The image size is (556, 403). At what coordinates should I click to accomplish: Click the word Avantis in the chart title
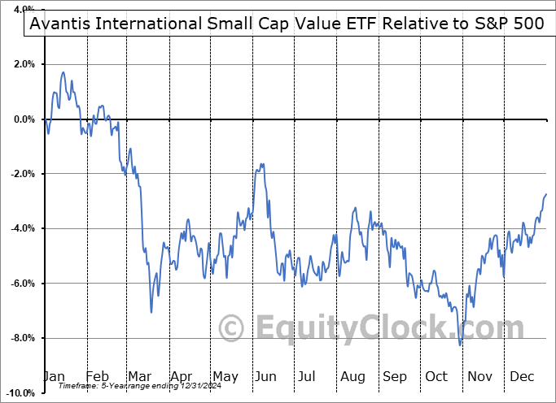(x=62, y=24)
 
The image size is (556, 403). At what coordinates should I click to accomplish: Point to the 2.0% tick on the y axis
(x=22, y=64)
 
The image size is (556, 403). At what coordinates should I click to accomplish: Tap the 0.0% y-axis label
(x=22, y=119)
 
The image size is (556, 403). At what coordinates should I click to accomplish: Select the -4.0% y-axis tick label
(x=21, y=228)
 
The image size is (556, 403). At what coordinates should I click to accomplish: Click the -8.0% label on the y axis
(x=21, y=338)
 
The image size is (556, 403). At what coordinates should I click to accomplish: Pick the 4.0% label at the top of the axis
(x=22, y=10)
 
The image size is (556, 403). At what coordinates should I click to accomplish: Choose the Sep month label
(x=394, y=376)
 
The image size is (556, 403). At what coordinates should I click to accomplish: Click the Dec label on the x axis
(x=521, y=376)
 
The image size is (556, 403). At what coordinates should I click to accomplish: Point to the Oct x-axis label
(x=436, y=376)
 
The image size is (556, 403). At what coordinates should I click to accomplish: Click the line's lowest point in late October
(x=460, y=345)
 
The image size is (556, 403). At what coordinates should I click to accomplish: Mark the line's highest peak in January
(x=63, y=72)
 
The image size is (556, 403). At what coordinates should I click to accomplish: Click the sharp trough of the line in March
(x=151, y=312)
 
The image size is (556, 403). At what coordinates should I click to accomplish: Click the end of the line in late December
(x=545, y=194)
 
